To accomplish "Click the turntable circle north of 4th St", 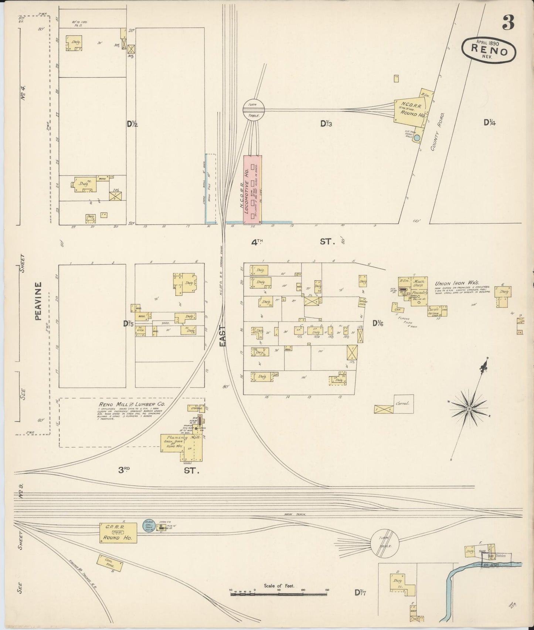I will (254, 109).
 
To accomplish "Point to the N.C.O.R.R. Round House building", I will (409, 111).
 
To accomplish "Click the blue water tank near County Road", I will (417, 138).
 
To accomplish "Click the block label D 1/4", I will (490, 122).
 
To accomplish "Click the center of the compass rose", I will (469, 409).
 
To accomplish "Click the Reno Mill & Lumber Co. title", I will (132, 404).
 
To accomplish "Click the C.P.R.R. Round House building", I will (118, 533).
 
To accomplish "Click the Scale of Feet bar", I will (279, 594).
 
